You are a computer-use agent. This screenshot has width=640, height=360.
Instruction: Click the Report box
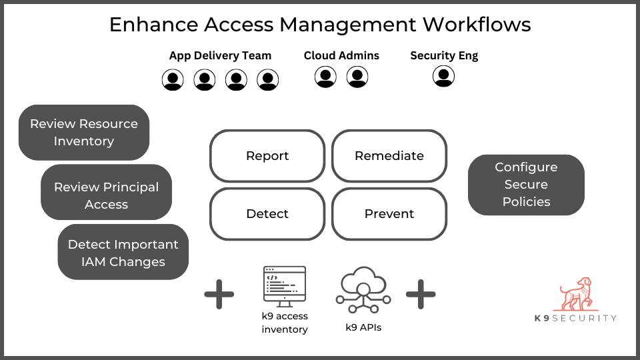tap(267, 156)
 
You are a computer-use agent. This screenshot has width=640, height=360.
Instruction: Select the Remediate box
tap(389, 156)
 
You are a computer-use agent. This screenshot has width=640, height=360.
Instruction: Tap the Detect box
tap(267, 214)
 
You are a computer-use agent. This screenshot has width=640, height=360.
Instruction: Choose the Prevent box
tap(389, 214)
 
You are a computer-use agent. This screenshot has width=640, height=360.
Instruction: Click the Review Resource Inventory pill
tap(84, 132)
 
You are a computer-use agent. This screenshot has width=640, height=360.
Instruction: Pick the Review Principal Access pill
tap(107, 195)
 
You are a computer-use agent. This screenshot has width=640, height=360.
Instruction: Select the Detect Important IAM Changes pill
tap(123, 253)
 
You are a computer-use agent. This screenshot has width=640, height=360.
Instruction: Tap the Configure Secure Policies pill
tap(526, 185)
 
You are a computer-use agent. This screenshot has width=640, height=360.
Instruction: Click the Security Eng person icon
tap(443, 77)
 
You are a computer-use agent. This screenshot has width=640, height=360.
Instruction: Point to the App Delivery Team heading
tap(220, 55)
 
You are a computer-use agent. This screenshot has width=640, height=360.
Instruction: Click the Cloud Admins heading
tap(341, 55)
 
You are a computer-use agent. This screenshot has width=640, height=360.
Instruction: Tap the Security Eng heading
tap(444, 55)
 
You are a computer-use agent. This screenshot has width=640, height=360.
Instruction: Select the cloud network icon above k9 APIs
tap(363, 292)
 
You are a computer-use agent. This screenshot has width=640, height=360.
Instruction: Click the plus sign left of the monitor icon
tap(219, 294)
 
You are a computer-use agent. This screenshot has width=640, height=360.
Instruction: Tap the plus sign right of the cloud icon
tap(421, 294)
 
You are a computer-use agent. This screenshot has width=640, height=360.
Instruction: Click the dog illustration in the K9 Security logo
tap(575, 294)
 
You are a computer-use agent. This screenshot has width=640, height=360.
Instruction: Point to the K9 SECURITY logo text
tap(575, 318)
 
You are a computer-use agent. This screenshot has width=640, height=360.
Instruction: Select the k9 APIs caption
tap(363, 327)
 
